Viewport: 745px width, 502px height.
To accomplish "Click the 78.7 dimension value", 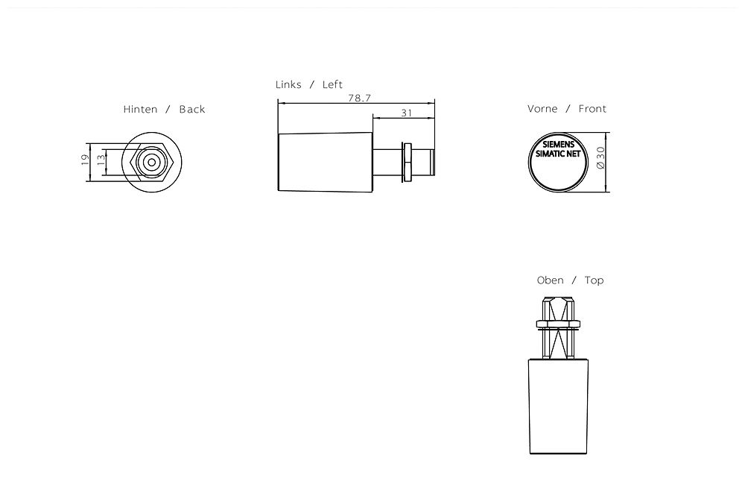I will tap(359, 98).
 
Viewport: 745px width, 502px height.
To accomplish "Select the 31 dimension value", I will tap(406, 113).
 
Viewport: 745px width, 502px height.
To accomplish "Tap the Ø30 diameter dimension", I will tap(600, 162).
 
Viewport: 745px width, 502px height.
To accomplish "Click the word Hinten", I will tap(140, 110).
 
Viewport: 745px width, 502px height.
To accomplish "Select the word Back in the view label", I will tap(191, 110).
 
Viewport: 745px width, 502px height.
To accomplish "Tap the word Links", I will tap(288, 85).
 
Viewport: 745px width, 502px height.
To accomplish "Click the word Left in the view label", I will tap(332, 85).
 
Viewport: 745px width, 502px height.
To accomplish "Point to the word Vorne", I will tap(542, 109).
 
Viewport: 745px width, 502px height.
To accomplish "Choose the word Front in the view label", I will tap(592, 109).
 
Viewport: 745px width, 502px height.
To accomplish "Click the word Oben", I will tap(550, 280).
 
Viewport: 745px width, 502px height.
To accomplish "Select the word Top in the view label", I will tap(594, 280).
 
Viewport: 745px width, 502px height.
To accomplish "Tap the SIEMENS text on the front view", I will tap(559, 143).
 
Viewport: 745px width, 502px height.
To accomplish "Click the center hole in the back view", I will tap(151, 162).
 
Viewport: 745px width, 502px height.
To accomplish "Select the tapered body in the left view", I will tap(325, 162).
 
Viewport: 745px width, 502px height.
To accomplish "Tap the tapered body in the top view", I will tap(560, 407).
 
